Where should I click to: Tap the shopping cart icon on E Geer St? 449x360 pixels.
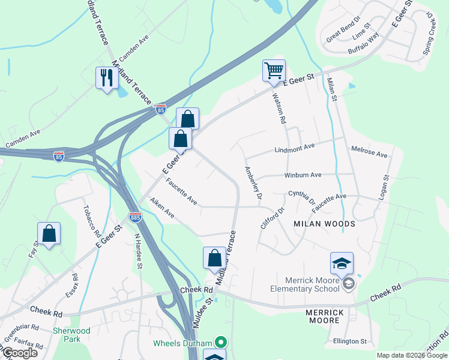tap(274, 71)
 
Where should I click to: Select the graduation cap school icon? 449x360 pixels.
tap(341, 263)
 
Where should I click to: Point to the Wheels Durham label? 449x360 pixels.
tap(182, 343)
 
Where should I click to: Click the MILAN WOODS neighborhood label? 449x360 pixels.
tap(324, 224)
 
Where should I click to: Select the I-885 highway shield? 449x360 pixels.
tap(135, 216)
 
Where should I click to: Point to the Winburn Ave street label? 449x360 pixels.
tap(303, 175)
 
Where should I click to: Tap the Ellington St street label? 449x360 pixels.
tap(350, 341)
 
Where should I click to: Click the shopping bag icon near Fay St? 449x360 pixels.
tap(49, 233)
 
